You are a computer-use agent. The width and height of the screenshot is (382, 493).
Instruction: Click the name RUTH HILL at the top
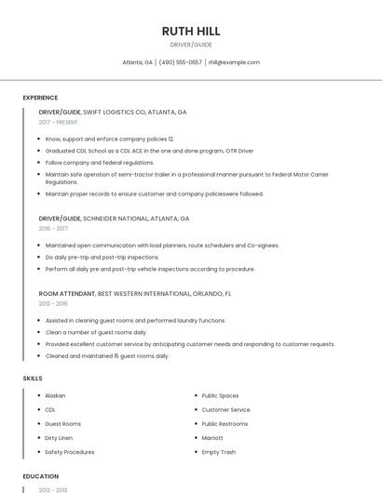click(x=190, y=31)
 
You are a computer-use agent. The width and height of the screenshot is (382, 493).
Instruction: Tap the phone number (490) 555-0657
click(x=180, y=62)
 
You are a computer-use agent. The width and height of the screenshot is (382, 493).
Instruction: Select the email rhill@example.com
click(x=233, y=62)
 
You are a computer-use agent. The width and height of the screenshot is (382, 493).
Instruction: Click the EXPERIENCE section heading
click(x=40, y=98)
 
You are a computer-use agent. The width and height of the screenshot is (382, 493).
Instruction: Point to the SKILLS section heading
click(x=33, y=379)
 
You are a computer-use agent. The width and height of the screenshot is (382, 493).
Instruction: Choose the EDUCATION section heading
click(x=40, y=476)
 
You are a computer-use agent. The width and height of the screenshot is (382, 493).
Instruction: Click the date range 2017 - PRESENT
click(x=59, y=122)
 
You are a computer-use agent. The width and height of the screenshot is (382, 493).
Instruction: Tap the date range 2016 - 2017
click(x=53, y=228)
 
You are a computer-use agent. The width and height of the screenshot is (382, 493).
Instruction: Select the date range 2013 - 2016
click(x=53, y=303)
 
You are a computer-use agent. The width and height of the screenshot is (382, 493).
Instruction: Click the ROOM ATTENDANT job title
click(x=67, y=293)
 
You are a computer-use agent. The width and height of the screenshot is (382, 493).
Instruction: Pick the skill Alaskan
click(x=55, y=395)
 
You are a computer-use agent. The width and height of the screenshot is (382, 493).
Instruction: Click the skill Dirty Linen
click(x=59, y=437)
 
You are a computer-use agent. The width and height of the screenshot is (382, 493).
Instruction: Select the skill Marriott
click(x=212, y=437)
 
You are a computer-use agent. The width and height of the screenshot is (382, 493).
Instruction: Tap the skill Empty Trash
click(x=219, y=452)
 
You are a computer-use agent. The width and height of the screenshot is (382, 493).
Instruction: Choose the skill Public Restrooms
click(x=225, y=423)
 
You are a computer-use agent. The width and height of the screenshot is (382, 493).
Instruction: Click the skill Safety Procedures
click(x=70, y=452)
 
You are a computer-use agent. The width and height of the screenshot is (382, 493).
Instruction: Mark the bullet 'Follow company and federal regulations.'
click(x=100, y=162)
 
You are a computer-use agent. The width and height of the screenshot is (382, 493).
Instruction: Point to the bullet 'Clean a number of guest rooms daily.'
click(x=96, y=332)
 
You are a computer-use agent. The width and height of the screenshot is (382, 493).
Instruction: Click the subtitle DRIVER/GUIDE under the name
click(x=190, y=45)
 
